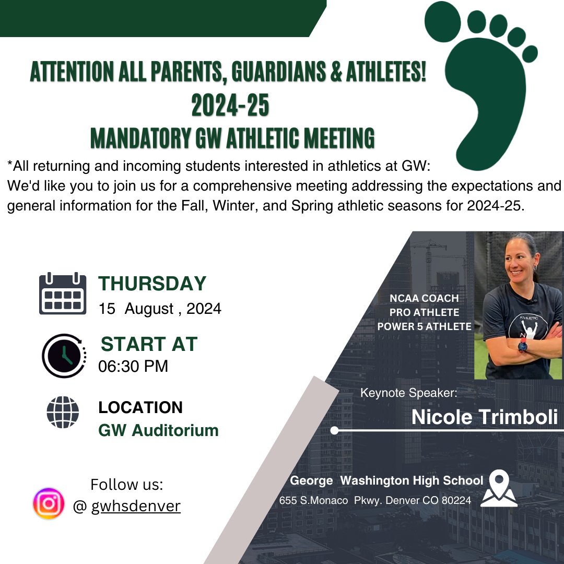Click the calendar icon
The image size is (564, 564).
(63, 293)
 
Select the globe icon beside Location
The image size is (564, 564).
(63, 413)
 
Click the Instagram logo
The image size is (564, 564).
(49, 503)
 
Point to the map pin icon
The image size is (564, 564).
(499, 488)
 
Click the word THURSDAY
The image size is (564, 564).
(152, 284)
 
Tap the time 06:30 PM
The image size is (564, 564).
(133, 366)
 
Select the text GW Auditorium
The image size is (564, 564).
(158, 431)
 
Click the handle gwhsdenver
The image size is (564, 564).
(136, 506)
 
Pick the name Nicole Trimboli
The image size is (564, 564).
(485, 417)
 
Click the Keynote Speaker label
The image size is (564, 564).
(409, 392)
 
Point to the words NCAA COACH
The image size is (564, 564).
(424, 299)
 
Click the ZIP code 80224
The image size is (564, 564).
(456, 500)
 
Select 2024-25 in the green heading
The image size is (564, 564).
(230, 105)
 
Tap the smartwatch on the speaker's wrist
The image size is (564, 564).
(523, 345)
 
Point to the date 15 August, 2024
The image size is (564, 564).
(160, 309)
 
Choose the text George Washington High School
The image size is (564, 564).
(386, 480)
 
